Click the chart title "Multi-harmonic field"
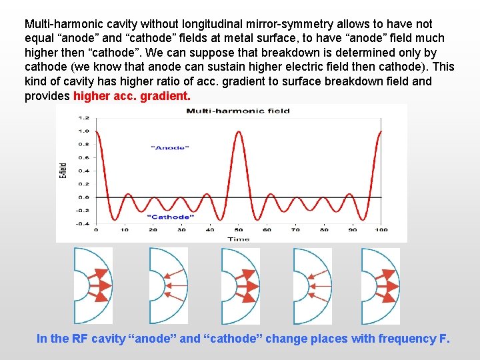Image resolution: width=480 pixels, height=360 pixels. tap(237, 111)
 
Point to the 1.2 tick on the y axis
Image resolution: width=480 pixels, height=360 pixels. tap(84, 117)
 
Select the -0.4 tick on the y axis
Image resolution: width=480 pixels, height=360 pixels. tap(84, 224)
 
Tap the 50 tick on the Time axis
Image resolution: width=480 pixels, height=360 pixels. tap(238, 230)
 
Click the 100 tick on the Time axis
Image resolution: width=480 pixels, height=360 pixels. tap(381, 230)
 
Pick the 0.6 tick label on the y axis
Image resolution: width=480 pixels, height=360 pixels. tap(84, 157)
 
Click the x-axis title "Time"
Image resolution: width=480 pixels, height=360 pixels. tap(238, 238)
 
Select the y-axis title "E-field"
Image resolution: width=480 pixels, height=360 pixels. tap(63, 171)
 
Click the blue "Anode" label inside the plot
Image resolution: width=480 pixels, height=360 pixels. tap(171, 148)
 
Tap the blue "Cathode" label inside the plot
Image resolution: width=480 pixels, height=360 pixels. tap(168, 217)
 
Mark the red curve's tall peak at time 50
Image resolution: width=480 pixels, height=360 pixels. tap(238, 132)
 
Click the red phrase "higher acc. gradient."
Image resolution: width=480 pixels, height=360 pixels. tap(132, 96)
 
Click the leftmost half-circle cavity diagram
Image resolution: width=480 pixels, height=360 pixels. tap(93, 285)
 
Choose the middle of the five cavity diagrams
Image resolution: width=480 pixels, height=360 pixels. tap(239, 285)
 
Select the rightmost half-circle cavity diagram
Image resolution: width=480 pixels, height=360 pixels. tap(380, 285)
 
